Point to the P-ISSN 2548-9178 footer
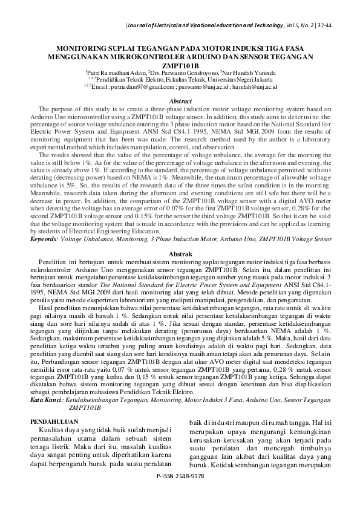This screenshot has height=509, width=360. tap(180, 493)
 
